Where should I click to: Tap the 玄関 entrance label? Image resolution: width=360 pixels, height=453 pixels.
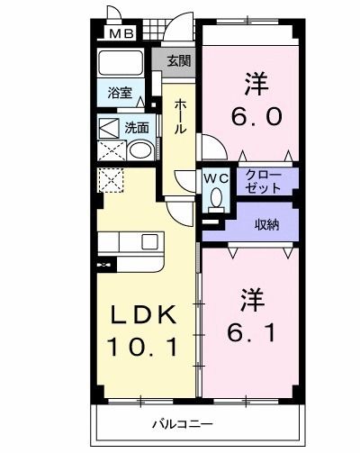(x=178, y=61)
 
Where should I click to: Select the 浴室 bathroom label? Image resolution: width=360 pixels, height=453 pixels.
(x=120, y=93)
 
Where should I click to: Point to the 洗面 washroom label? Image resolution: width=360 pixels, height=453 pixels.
(x=137, y=128)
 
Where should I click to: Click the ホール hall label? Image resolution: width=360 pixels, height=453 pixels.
(x=181, y=116)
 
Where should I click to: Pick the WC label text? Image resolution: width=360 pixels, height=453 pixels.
(x=216, y=177)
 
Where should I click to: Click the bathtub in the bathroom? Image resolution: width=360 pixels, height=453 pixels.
(x=120, y=65)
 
